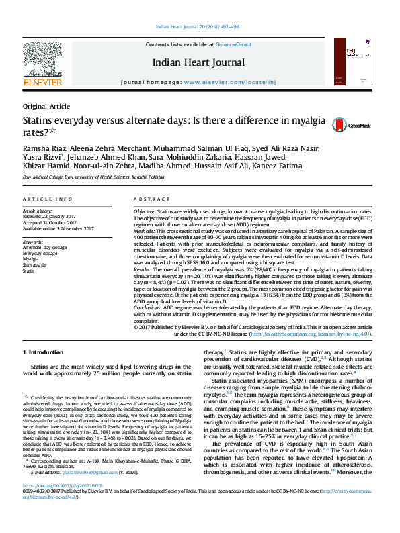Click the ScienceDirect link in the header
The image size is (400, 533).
pyautogui.click(x=233, y=44)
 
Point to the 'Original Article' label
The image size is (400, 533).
pyautogui.click(x=46, y=106)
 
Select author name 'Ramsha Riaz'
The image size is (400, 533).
pyautogui.click(x=45, y=148)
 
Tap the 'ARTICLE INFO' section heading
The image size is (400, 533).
pyautogui.click(x=47, y=199)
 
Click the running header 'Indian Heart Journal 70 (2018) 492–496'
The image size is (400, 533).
pyautogui.click(x=199, y=27)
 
